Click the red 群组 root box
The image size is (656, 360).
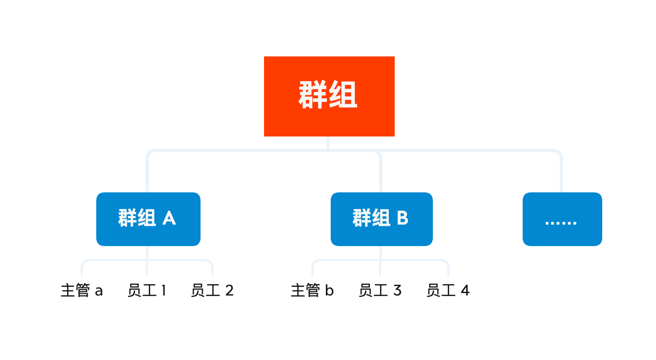pyautogui.click(x=329, y=96)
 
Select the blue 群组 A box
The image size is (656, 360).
pyautogui.click(x=148, y=219)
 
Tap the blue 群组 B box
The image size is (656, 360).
pyautogui.click(x=382, y=219)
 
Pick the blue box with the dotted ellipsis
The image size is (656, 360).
pyautogui.click(x=562, y=219)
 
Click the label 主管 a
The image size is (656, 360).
pyautogui.click(x=82, y=290)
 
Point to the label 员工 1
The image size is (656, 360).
pyautogui.click(x=147, y=290)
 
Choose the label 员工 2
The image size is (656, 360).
pyautogui.click(x=212, y=290)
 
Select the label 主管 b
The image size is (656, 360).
pyautogui.click(x=312, y=290)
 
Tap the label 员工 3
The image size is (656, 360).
pyautogui.click(x=380, y=290)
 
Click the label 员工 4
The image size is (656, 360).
pyautogui.click(x=448, y=290)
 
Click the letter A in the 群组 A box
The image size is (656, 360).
pyautogui.click(x=169, y=218)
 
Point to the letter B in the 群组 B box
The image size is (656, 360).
pyautogui.click(x=403, y=218)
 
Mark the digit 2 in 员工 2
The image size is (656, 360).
pyautogui.click(x=229, y=290)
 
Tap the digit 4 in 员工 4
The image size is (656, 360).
pyautogui.click(x=465, y=290)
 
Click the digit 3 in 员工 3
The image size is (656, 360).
pyautogui.click(x=397, y=290)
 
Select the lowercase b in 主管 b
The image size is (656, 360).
pyautogui.click(x=330, y=290)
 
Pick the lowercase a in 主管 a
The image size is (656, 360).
pyautogui.click(x=99, y=292)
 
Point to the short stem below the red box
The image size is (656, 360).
pyautogui.click(x=328, y=143)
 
